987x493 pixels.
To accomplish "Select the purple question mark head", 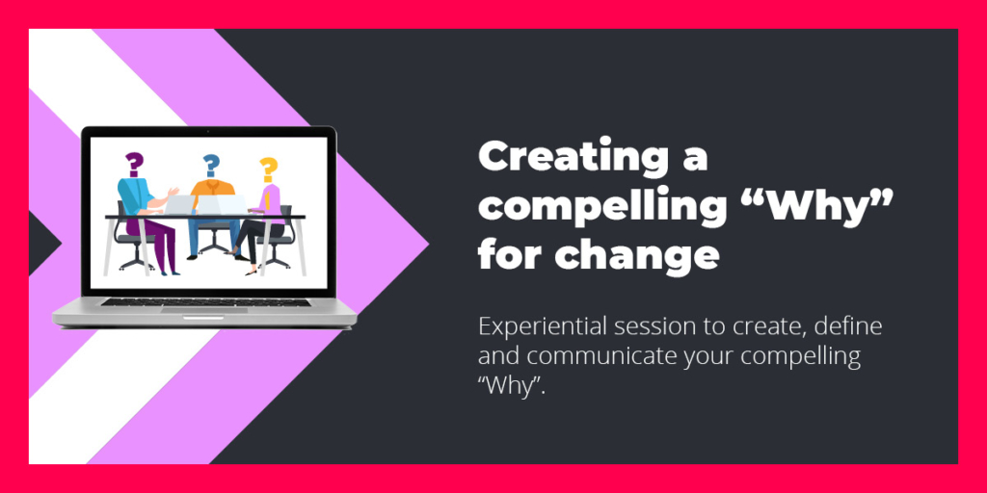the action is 133,164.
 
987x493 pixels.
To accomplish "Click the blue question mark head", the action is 211,166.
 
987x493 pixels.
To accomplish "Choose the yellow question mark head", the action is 269,169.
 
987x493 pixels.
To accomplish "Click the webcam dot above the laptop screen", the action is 208,131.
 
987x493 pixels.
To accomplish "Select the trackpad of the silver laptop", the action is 204,309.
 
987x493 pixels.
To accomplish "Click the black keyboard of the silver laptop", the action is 206,301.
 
